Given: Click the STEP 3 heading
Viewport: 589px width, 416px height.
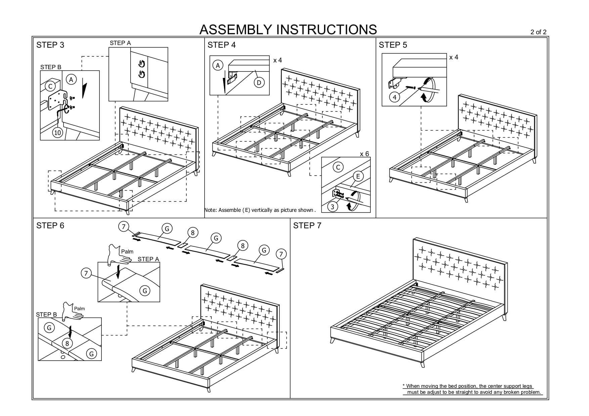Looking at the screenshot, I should pyautogui.click(x=50, y=45).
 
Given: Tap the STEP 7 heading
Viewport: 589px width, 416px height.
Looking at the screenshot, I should pyautogui.click(x=307, y=226).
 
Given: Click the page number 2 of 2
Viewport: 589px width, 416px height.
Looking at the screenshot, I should pyautogui.click(x=538, y=32).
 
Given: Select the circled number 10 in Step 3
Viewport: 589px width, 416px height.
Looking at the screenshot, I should pyautogui.click(x=58, y=133).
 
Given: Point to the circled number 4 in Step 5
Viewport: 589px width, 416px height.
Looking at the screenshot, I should pyautogui.click(x=395, y=97).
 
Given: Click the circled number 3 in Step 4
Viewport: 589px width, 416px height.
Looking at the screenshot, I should pyautogui.click(x=332, y=206).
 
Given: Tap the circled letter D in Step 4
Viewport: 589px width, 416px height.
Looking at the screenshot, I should pyautogui.click(x=259, y=82).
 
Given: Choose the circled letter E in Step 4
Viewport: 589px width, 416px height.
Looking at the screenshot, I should pyautogui.click(x=358, y=176).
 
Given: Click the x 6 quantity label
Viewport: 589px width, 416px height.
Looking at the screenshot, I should pyautogui.click(x=364, y=154).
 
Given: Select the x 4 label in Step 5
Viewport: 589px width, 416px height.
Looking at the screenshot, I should pyautogui.click(x=454, y=57).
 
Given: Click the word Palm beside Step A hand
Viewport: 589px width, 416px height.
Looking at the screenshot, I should pyautogui.click(x=127, y=251).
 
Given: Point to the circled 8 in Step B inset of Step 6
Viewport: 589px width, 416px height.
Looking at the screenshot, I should pyautogui.click(x=67, y=343).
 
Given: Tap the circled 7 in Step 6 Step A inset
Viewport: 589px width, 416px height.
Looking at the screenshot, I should pyautogui.click(x=86, y=274).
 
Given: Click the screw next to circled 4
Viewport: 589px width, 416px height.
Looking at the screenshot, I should pyautogui.click(x=411, y=87).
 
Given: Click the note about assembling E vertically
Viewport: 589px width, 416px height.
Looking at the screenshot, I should pyautogui.click(x=260, y=210).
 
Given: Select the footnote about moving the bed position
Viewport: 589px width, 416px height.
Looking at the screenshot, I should pyautogui.click(x=472, y=389).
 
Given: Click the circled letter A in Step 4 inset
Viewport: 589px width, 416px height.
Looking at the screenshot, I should pyautogui.click(x=218, y=65).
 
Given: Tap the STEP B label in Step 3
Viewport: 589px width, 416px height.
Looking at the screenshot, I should pyautogui.click(x=51, y=67).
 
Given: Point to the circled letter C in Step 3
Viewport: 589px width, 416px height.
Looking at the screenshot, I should pyautogui.click(x=50, y=87).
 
